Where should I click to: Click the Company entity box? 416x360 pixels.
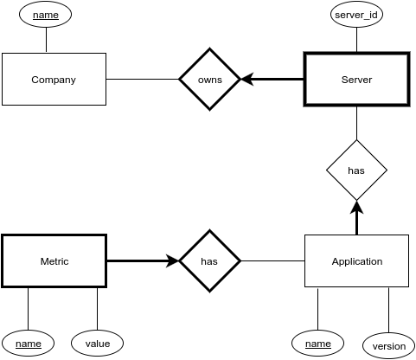(54, 79)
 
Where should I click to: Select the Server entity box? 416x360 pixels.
(356, 80)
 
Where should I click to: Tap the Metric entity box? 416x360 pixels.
(54, 261)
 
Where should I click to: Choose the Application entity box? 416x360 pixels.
(356, 261)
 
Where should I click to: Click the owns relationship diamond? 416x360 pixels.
(209, 79)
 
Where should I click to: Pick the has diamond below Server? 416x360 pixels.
(356, 170)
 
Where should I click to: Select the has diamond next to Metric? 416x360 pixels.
(209, 261)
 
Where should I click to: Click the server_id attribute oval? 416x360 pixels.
(356, 15)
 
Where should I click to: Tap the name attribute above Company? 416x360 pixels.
(45, 15)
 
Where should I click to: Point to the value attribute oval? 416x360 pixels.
(97, 344)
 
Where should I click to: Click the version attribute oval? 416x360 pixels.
(388, 346)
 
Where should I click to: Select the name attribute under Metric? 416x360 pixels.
(28, 344)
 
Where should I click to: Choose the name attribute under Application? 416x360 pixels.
(317, 344)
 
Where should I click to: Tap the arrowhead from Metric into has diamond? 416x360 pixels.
(172, 261)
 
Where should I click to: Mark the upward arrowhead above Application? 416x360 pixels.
(356, 207)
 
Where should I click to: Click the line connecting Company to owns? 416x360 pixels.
(143, 79)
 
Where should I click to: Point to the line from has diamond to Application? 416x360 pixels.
(272, 261)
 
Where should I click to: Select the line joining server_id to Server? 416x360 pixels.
(356, 40)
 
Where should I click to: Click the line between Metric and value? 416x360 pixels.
(97, 309)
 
